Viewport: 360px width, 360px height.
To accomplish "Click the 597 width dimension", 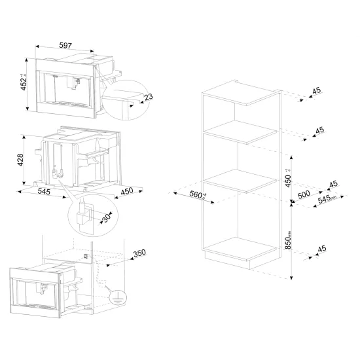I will pyautogui.click(x=63, y=46).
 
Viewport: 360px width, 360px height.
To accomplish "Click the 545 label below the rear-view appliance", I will pyautogui.click(x=44, y=191).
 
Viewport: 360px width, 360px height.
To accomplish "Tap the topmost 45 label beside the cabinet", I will pyautogui.click(x=317, y=91).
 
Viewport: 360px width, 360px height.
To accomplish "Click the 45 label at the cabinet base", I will pyautogui.click(x=321, y=249).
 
